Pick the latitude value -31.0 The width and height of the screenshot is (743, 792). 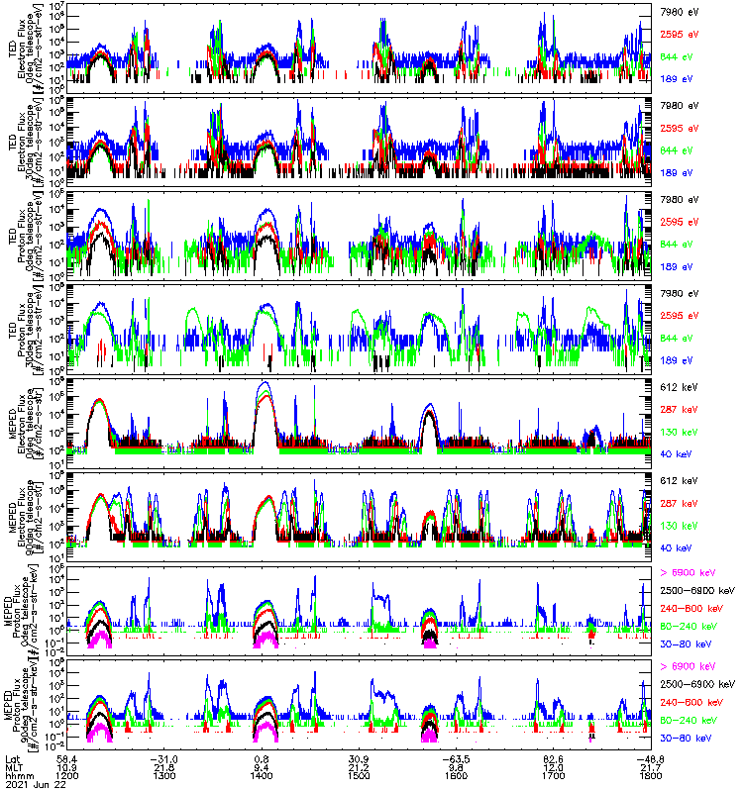click(x=164, y=757)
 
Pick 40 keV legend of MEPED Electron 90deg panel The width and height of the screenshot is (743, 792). click(x=675, y=547)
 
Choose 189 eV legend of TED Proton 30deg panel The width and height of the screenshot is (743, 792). click(x=675, y=265)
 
